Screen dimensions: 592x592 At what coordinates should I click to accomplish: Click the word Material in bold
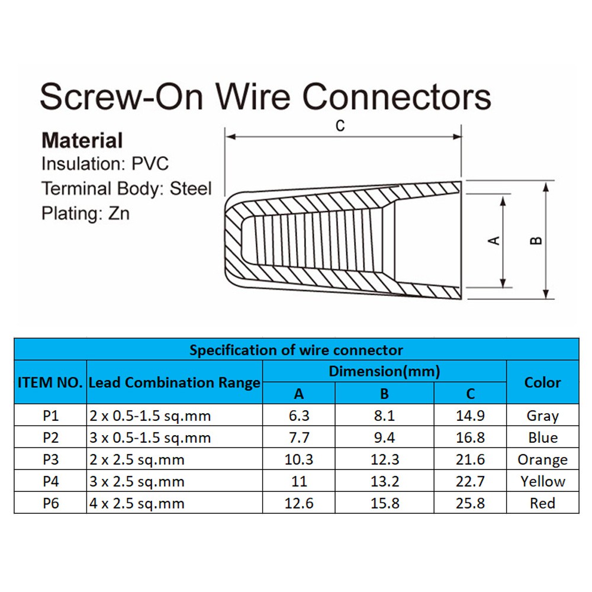point(82,140)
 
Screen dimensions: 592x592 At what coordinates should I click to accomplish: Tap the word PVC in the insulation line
point(150,164)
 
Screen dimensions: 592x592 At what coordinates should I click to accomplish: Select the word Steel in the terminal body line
point(191,188)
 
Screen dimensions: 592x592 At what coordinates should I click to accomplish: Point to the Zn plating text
point(119,213)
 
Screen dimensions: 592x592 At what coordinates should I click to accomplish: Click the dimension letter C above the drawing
point(340,126)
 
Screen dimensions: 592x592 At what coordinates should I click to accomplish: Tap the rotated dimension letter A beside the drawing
point(494,240)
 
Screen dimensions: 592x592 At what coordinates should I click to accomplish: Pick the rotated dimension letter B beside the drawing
point(536,240)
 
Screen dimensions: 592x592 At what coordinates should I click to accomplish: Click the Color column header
point(542,382)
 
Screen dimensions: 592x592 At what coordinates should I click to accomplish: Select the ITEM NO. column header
point(50,382)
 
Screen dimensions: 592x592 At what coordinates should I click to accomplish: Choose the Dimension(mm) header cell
point(384,371)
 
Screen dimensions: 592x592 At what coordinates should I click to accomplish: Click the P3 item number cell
point(50,459)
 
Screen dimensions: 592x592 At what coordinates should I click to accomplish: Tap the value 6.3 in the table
point(299,416)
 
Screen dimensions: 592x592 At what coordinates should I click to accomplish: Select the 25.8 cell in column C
point(470,503)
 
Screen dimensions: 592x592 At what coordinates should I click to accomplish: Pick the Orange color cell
point(542,460)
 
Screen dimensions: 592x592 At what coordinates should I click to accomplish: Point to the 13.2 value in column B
point(385,481)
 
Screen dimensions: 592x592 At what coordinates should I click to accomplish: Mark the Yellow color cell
point(542,481)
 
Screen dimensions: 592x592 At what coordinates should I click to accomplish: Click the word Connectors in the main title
point(397,96)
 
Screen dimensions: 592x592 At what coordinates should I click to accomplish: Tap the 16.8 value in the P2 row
point(470,437)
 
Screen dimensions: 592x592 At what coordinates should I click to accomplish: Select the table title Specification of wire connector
point(296,350)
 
